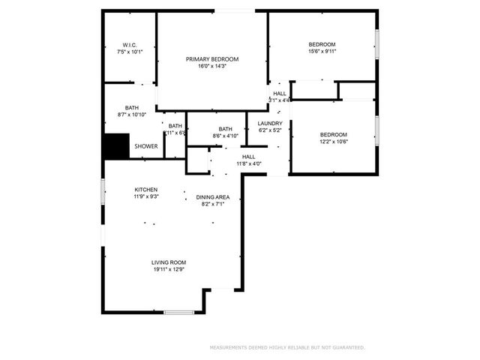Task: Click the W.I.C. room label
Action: (x=129, y=45)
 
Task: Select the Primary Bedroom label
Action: (x=212, y=58)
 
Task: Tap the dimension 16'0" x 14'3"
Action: (x=212, y=66)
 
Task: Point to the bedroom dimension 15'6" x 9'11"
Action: (x=322, y=52)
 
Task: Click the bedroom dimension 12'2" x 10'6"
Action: (x=334, y=142)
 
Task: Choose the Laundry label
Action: (x=269, y=123)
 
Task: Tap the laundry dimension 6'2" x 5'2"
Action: (x=269, y=130)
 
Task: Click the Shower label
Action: (x=145, y=146)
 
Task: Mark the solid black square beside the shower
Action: (x=116, y=146)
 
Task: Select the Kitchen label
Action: (x=145, y=189)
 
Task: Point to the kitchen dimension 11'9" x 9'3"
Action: (x=145, y=196)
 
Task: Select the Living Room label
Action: (x=169, y=262)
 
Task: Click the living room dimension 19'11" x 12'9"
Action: (x=169, y=270)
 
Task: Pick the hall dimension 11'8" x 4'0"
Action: (x=249, y=163)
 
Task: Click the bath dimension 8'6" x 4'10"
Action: (x=226, y=136)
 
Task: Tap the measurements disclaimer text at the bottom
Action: (x=287, y=347)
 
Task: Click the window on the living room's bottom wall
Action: (x=179, y=311)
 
